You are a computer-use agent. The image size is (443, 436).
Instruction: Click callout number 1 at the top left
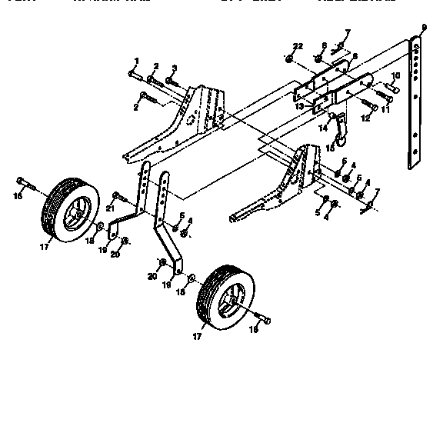(136, 60)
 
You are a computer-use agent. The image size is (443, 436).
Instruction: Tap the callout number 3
(174, 68)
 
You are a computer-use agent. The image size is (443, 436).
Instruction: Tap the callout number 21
(110, 207)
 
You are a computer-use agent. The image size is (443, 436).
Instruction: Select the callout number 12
(365, 119)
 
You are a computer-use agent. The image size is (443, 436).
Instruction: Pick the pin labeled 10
(391, 88)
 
